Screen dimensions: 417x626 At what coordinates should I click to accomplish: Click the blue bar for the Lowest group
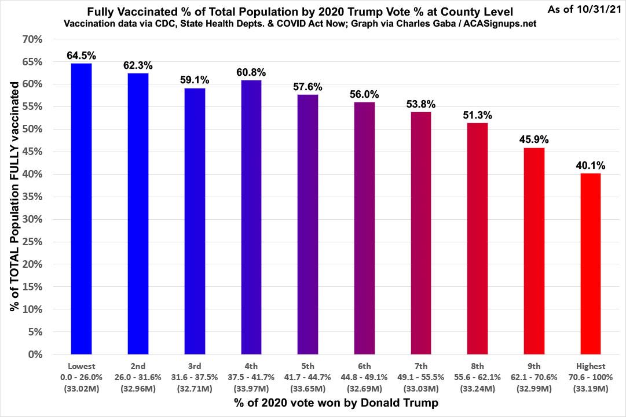(81, 208)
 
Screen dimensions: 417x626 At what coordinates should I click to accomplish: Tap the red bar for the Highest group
(590, 263)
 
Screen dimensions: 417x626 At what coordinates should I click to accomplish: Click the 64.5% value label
(81, 56)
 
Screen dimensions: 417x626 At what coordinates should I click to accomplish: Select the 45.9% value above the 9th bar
(533, 140)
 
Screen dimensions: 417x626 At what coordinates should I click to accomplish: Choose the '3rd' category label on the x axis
(195, 366)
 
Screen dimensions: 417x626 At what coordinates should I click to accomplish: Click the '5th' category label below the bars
(307, 366)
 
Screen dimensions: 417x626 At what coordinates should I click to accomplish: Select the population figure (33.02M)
(81, 387)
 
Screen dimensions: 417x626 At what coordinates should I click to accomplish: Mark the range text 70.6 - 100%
(590, 377)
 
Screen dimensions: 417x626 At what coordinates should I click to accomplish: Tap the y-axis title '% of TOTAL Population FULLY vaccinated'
(16, 197)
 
